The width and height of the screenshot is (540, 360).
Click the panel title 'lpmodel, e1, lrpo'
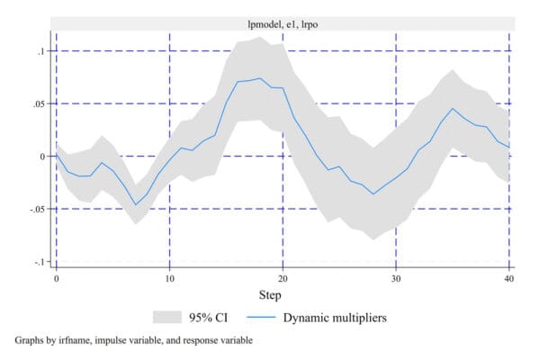pyautogui.click(x=283, y=24)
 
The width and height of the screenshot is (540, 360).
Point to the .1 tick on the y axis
pyautogui.click(x=40, y=51)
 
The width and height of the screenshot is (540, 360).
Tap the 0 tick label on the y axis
pyautogui.click(x=41, y=157)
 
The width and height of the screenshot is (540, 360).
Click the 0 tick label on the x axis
pyautogui.click(x=56, y=279)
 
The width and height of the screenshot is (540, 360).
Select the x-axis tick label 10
pyautogui.click(x=169, y=279)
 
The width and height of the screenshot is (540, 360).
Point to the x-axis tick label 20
pyautogui.click(x=283, y=279)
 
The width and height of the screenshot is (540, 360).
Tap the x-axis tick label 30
pyautogui.click(x=396, y=279)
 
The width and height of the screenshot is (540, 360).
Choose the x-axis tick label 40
pyautogui.click(x=509, y=279)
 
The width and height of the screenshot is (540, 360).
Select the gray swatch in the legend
pyautogui.click(x=169, y=317)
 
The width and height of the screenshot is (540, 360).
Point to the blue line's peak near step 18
pyautogui.click(x=260, y=78)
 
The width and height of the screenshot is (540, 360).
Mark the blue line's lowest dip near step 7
pyautogui.click(x=136, y=204)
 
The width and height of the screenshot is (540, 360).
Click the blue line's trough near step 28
pyautogui.click(x=373, y=194)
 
